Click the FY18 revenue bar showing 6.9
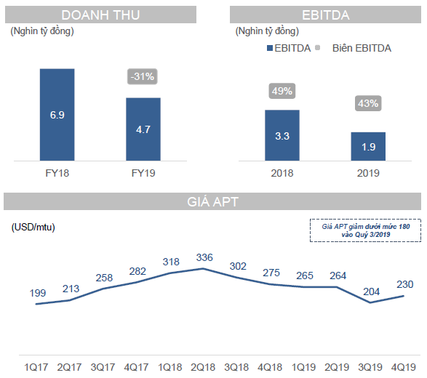pyautogui.click(x=57, y=115)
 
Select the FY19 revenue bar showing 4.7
pyautogui.click(x=143, y=129)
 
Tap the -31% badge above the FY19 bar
pyautogui.click(x=141, y=76)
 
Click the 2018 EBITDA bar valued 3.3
pyautogui.click(x=282, y=135)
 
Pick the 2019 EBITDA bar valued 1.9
pyautogui.click(x=368, y=146)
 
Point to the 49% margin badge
pyautogui.click(x=282, y=91)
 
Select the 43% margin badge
pyautogui.click(x=367, y=103)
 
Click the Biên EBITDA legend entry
pyautogui.click(x=362, y=48)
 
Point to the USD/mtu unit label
pyautogui.click(x=33, y=227)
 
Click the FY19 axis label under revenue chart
pyautogui.click(x=143, y=173)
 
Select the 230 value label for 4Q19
pyautogui.click(x=404, y=284)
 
